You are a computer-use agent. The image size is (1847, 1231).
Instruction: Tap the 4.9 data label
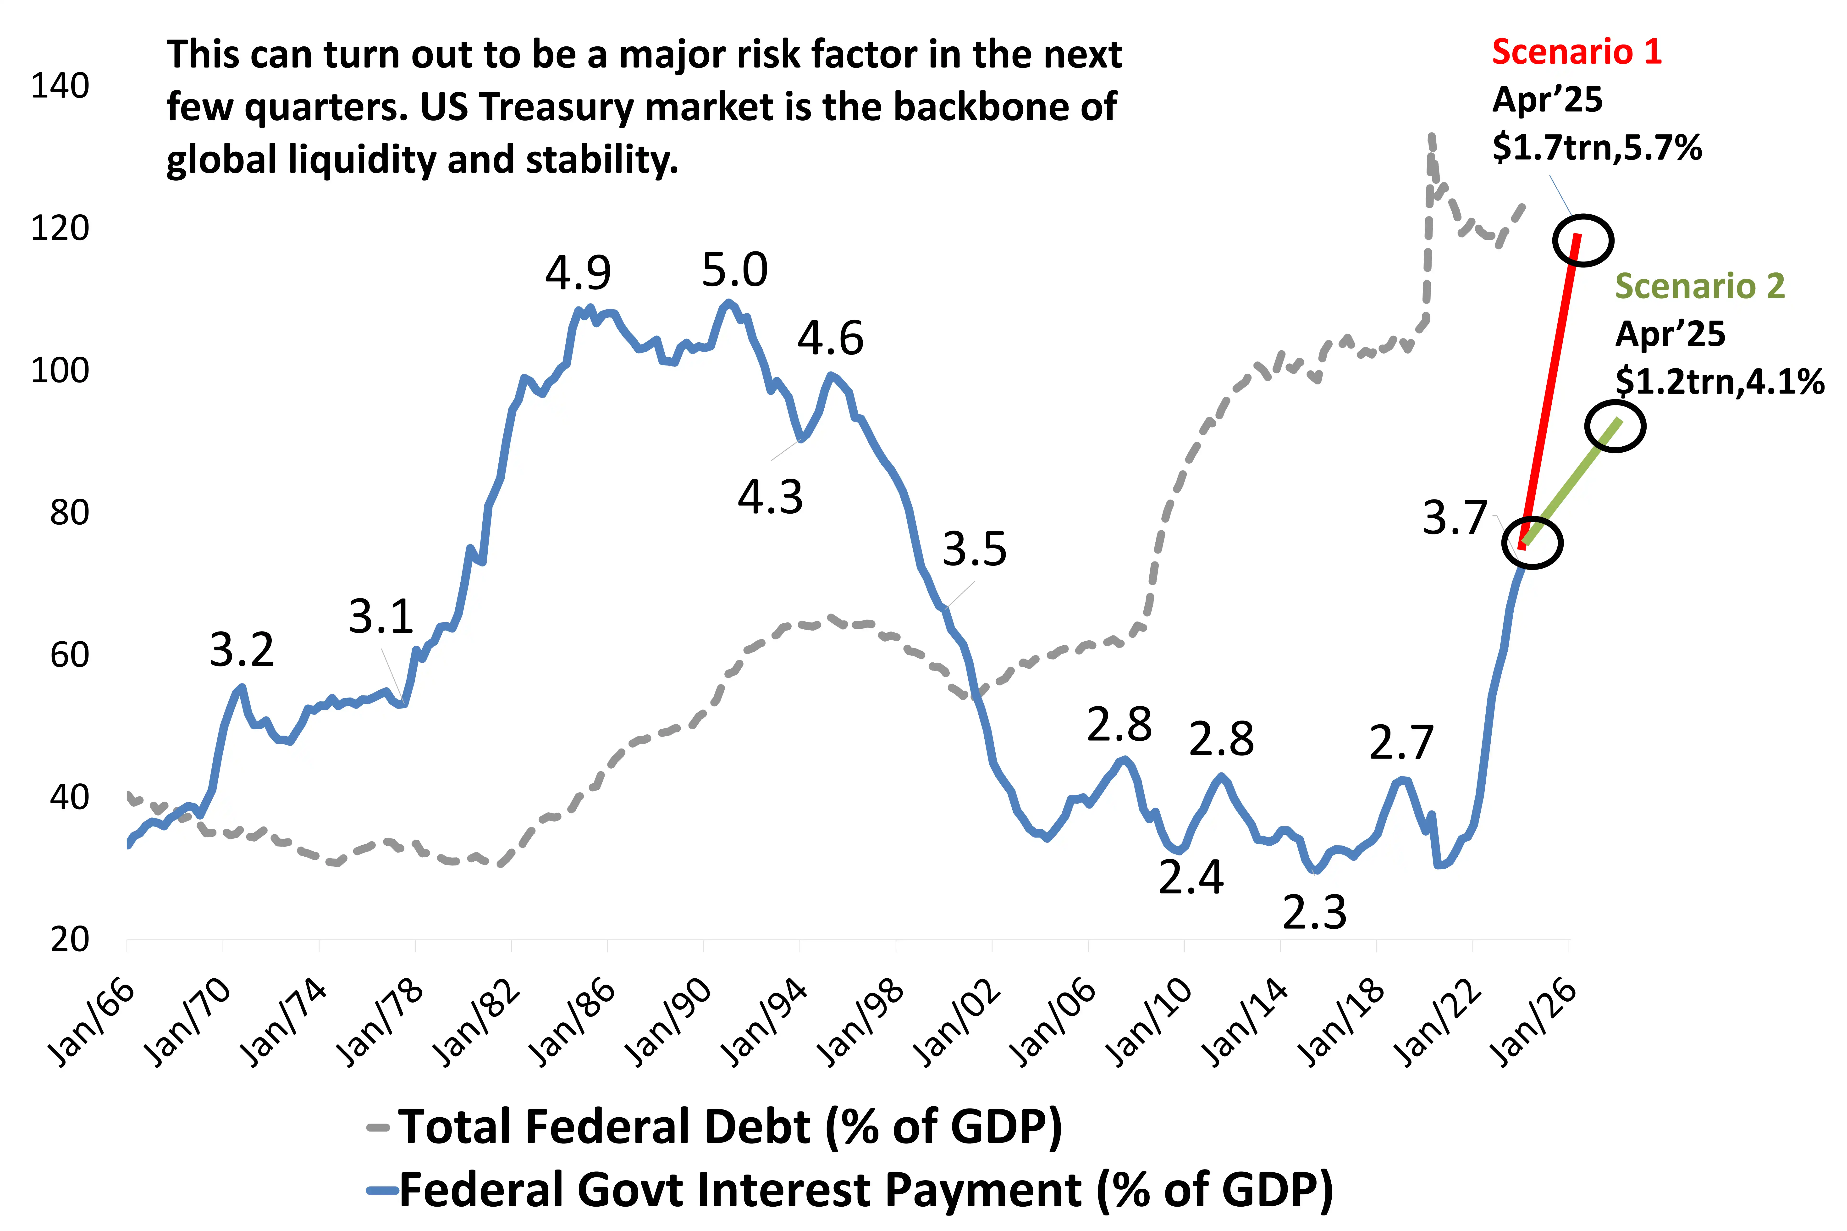point(578,273)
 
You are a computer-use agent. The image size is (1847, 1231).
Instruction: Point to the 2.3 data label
point(1314,912)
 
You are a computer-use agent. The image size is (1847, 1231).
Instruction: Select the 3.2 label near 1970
point(242,650)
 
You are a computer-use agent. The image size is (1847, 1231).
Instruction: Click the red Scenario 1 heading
point(1576,52)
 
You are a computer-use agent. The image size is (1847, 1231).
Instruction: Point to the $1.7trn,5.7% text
point(1597,147)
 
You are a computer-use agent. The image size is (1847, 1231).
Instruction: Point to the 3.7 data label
point(1455,518)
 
